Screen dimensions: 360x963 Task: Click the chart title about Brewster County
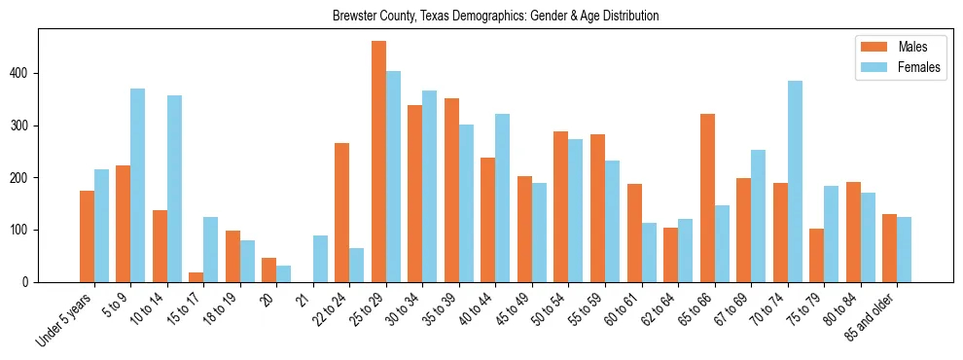[495, 16]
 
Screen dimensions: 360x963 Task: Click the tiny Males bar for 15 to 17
[196, 277]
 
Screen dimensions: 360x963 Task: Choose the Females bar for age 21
[320, 259]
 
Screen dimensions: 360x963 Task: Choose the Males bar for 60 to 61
[634, 233]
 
